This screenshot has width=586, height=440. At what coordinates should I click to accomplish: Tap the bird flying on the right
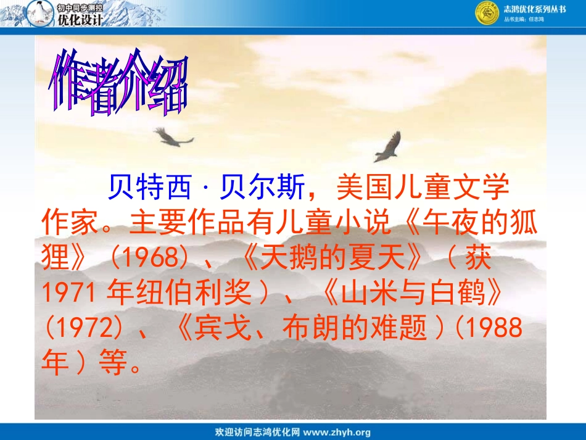pyautogui.click(x=388, y=147)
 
